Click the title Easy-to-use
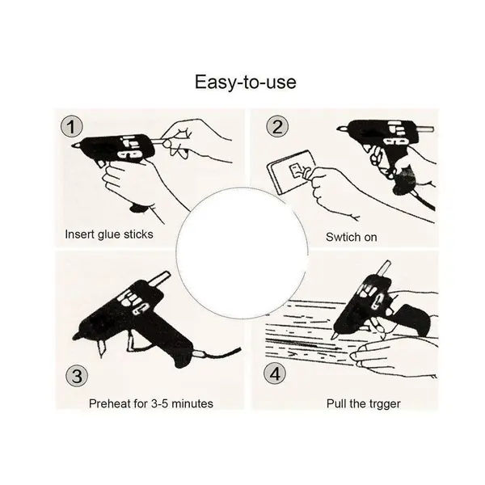click(x=245, y=82)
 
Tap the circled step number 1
click(x=71, y=127)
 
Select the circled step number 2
click(x=277, y=126)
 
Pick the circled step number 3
click(x=77, y=376)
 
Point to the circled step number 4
click(x=275, y=373)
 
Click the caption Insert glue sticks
click(x=109, y=234)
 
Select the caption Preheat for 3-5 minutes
click(x=151, y=403)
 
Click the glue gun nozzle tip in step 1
click(x=74, y=145)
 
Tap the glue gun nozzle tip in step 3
click(x=75, y=337)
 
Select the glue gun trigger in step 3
click(x=132, y=341)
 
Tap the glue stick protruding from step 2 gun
click(x=426, y=129)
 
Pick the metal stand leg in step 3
click(x=102, y=348)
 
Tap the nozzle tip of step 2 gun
click(x=339, y=129)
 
